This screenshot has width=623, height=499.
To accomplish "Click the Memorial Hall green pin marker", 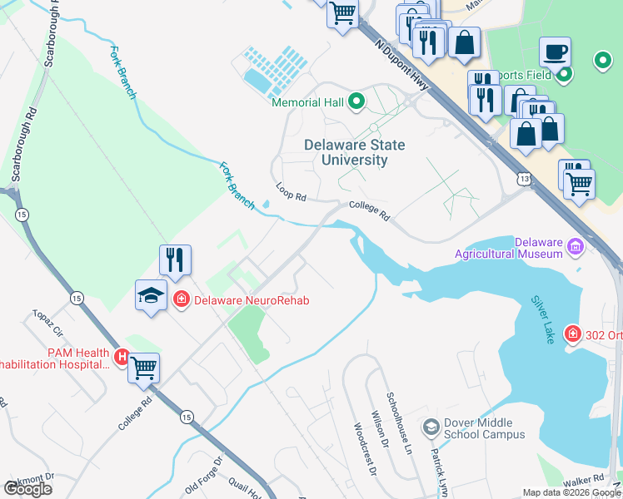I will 356,102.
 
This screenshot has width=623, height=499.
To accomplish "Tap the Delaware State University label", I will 354,152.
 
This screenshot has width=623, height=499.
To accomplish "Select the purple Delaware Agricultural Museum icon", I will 575,246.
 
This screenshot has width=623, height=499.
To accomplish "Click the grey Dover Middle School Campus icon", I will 431,427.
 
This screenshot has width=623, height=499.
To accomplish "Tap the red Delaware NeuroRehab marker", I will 180,299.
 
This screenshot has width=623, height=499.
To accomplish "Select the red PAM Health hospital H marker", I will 122,358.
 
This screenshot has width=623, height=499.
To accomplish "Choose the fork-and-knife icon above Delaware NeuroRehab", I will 176,259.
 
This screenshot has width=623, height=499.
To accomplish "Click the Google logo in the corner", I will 27,488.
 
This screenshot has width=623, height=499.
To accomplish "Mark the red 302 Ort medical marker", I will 572,334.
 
